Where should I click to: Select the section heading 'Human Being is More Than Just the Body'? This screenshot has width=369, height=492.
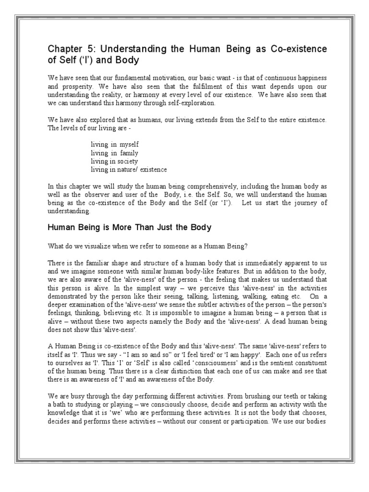coord(130,227)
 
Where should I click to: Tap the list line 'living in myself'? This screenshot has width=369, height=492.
coord(115,144)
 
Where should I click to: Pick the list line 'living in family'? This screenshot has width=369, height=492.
coord(114,153)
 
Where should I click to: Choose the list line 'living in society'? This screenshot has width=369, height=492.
coord(114,161)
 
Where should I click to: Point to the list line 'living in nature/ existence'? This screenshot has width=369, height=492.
coord(129,170)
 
